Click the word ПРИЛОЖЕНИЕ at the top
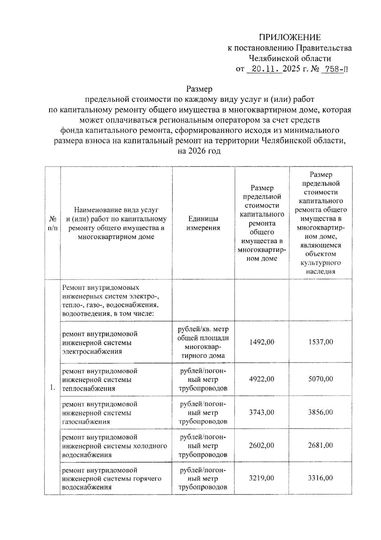pos(290,38)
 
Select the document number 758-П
pos(334,69)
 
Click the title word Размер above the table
pos(199,89)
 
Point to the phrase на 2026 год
pos(199,151)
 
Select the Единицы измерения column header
pos(203,223)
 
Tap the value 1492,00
pos(262,342)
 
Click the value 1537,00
pos(320,342)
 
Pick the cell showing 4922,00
pos(262,379)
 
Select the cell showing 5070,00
pos(320,379)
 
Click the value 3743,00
pos(262,412)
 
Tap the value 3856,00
pos(320,412)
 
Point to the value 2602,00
pos(262,446)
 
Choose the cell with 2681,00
pos(320,446)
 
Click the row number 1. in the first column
pos(53,387)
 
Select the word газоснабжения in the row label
pos(86,422)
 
